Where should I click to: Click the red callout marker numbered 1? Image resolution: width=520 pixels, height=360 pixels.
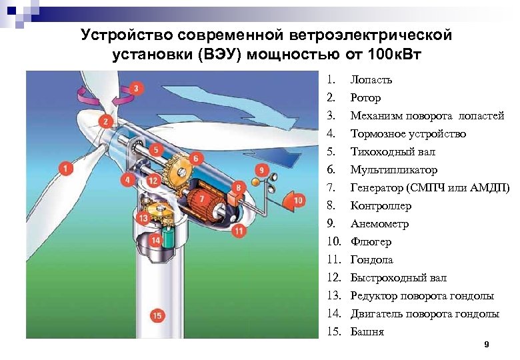coord(65,169)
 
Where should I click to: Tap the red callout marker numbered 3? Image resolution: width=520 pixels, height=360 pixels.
coord(136,88)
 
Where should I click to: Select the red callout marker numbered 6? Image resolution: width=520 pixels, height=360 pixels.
coord(195,159)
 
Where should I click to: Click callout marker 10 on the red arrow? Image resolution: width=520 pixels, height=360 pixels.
coord(298,199)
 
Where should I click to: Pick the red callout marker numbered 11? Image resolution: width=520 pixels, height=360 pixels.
coord(239,231)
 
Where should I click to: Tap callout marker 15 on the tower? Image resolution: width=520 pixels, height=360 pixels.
coord(157,315)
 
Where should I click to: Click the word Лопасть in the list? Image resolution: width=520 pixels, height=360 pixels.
coord(371,80)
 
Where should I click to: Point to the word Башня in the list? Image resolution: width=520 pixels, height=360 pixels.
coord(367,332)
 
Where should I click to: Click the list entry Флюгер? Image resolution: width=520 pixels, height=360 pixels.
coord(371,242)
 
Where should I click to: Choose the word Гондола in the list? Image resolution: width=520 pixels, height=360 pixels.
coord(372,260)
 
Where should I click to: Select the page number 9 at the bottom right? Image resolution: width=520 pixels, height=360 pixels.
coord(487,345)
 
